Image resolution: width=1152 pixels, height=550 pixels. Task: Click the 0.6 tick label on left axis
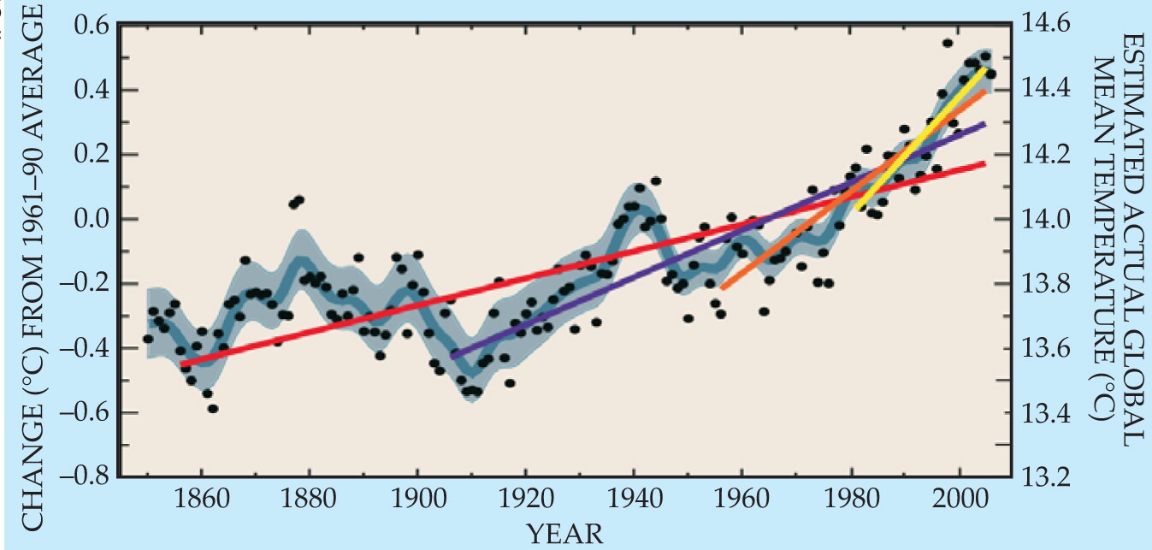91,26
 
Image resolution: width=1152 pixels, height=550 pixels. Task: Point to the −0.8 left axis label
84,476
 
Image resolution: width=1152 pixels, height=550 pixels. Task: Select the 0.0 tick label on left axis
91,219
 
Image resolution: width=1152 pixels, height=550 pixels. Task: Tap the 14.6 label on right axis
1045,24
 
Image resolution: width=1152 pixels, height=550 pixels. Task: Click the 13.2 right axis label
1045,477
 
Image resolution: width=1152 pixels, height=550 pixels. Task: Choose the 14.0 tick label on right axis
1045,219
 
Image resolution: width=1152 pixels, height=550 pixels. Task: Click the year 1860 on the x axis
202,499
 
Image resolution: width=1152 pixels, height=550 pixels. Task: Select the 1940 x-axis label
635,499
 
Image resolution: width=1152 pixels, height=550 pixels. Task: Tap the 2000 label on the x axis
960,499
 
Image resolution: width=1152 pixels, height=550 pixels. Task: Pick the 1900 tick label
418,499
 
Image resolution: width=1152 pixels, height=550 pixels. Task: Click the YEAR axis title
564,534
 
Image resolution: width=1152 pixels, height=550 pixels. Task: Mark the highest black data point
948,44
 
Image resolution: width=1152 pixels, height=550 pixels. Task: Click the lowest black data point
213,409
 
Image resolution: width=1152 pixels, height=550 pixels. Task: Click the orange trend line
854,189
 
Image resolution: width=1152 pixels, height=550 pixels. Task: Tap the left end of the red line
181,364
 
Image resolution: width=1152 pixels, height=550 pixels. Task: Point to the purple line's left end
452,356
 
